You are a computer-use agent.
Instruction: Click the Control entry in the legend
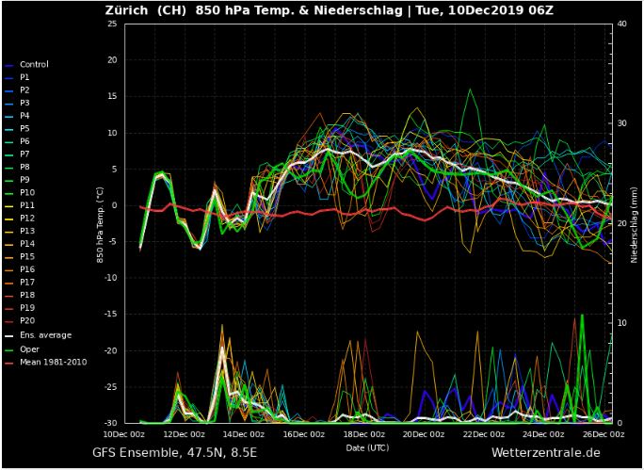[x=34, y=64]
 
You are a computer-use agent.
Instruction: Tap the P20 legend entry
[x=27, y=320]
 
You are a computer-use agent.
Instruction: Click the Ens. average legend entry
[x=45, y=335]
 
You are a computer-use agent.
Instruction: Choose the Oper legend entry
[x=29, y=349]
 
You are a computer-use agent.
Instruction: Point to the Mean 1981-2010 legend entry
[x=53, y=362]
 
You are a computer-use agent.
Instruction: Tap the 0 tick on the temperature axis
[x=114, y=205]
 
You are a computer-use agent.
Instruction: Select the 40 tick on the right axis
[x=620, y=24]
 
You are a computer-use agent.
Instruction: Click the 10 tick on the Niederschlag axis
[x=620, y=323]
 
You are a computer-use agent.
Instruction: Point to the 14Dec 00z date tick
[x=244, y=434]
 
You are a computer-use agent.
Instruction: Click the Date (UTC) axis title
[x=367, y=446]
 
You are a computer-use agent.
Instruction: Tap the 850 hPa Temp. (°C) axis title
[x=100, y=223]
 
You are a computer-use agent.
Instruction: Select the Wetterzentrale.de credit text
[x=545, y=453]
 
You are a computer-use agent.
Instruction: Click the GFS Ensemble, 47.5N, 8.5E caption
[x=173, y=453]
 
